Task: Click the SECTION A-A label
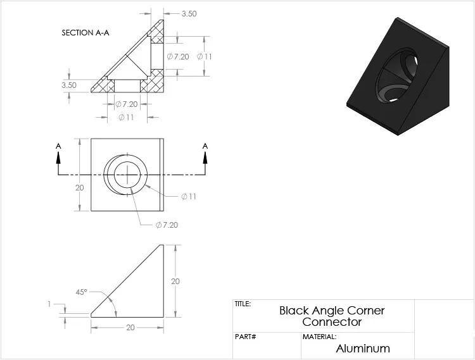point(85,32)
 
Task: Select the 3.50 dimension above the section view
point(189,13)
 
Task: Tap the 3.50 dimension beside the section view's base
point(69,84)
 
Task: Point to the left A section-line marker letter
point(58,146)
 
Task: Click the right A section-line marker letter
point(205,146)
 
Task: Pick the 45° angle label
point(81,292)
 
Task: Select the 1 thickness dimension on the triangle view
point(49,304)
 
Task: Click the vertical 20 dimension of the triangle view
point(176,280)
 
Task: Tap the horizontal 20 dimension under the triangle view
point(130,327)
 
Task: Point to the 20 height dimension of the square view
point(79,187)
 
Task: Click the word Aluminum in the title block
point(363,348)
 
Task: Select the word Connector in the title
point(332,321)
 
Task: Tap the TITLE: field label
point(243,304)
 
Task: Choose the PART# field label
point(245,337)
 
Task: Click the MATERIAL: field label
point(319,337)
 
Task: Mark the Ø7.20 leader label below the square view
point(167,225)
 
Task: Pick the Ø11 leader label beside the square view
point(189,196)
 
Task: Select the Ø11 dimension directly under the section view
point(126,118)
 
